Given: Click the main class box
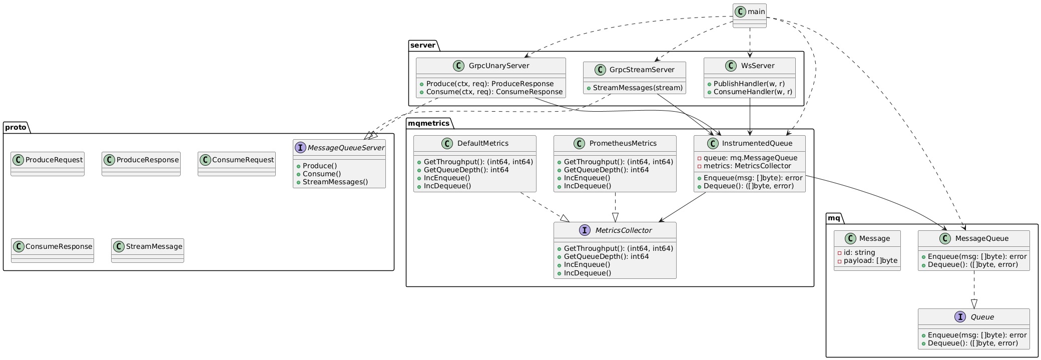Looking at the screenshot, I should click(x=749, y=15).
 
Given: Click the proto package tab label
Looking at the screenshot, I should click(x=17, y=128).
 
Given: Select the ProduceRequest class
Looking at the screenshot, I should click(x=48, y=164).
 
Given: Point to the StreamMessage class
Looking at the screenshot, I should click(x=148, y=250).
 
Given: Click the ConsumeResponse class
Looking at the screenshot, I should click(x=52, y=250).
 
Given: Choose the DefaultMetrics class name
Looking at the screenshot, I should click(x=482, y=143).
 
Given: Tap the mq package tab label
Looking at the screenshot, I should click(x=834, y=218).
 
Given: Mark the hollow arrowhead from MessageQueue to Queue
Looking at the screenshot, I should click(x=973, y=303).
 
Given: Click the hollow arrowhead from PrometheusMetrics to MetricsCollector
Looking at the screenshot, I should click(x=615, y=217).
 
